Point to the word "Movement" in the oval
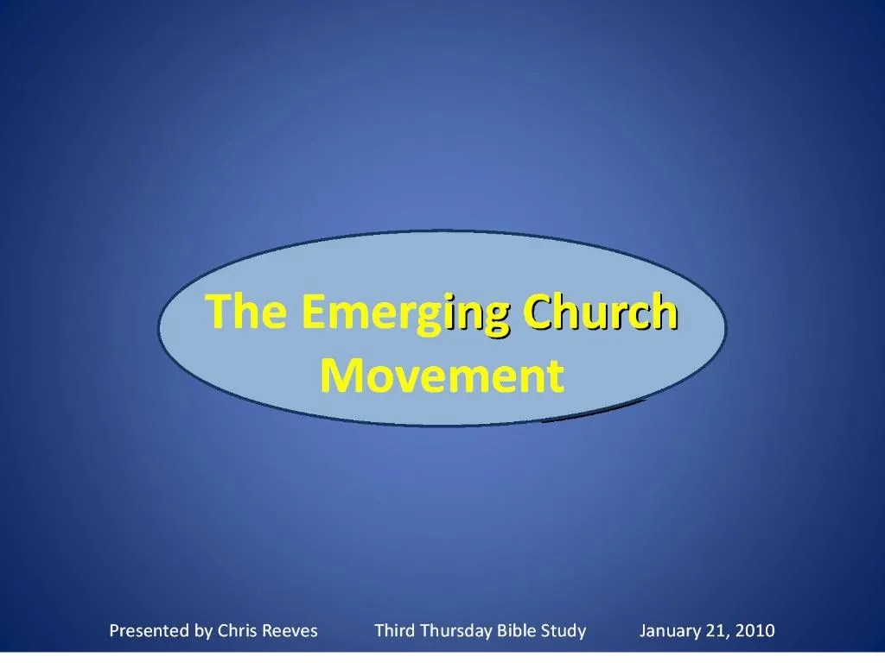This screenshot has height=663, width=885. coord(442,376)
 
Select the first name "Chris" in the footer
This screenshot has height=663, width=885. coord(237,631)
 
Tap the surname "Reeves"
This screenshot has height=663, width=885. coord(290,631)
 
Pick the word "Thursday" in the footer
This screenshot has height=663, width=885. coord(455,631)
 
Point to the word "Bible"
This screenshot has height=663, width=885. coord(518,631)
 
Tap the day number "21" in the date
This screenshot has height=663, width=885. coord(716,631)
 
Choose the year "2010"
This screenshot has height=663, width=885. coord(755,631)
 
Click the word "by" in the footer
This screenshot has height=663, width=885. coord(204,631)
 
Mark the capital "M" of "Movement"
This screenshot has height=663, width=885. coord(339,376)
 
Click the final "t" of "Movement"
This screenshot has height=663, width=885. coord(556,376)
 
